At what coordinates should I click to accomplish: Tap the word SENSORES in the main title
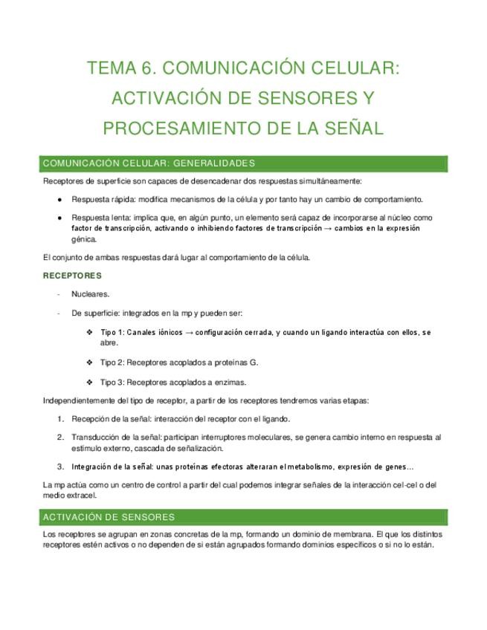pos(288,99)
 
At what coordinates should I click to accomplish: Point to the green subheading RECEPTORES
pos(72,276)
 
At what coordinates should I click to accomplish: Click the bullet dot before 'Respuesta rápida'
pos(59,199)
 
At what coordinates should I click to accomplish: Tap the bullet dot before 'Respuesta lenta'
pos(59,218)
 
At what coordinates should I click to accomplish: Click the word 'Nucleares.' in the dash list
pos(91,294)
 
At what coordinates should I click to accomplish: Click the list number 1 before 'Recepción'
pos(59,419)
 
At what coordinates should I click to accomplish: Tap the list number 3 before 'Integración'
pos(59,467)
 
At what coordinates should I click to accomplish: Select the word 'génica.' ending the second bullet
pos(84,239)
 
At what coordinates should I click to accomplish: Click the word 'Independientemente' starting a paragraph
pos(81,401)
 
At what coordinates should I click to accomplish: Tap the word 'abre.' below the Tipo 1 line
pos(109,343)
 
